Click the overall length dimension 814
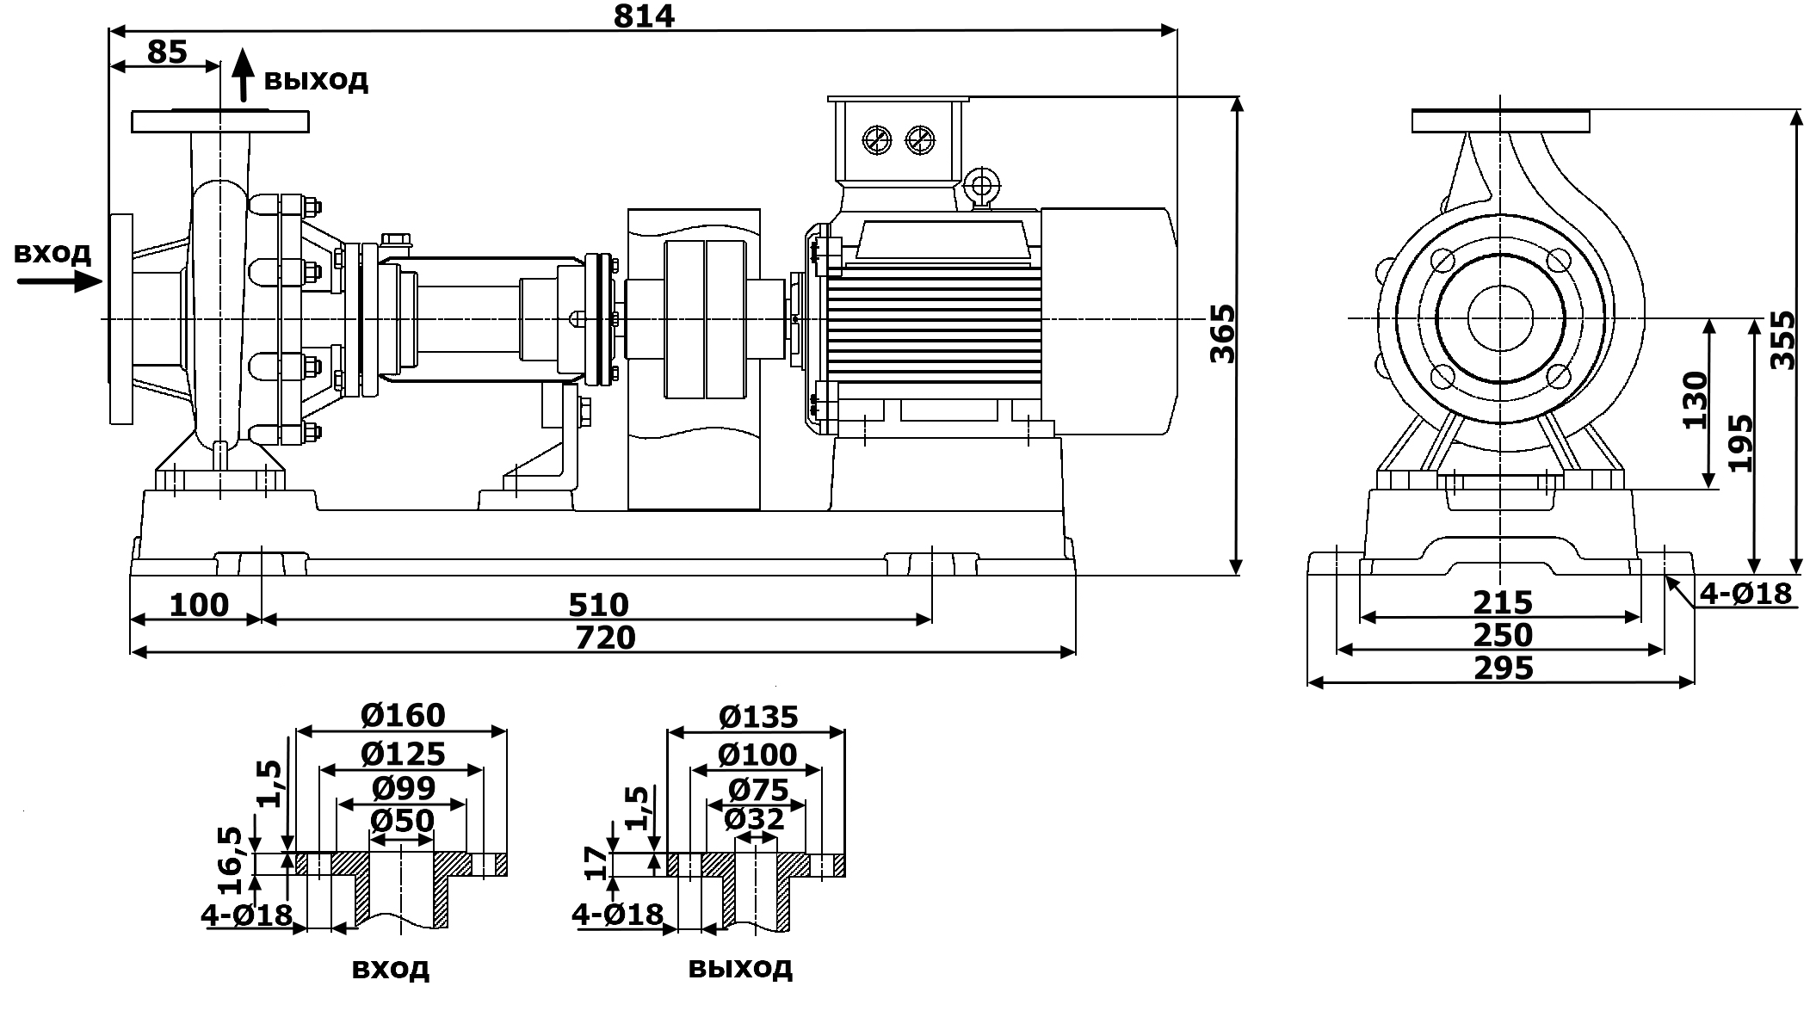click(643, 16)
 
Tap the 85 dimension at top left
click(167, 52)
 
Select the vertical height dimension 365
click(1221, 333)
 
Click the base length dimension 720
click(605, 638)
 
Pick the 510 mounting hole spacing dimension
click(598, 605)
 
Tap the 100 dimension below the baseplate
click(199, 605)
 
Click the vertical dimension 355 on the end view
click(1782, 340)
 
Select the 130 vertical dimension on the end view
click(1695, 400)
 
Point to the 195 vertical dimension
click(1740, 443)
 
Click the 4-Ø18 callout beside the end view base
click(1745, 593)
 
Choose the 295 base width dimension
click(1504, 668)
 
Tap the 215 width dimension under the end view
click(1503, 601)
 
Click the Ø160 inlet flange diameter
click(403, 715)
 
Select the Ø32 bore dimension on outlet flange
click(754, 818)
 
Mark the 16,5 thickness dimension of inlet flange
click(230, 860)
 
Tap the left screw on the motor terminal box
click(878, 140)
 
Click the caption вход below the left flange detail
click(390, 969)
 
